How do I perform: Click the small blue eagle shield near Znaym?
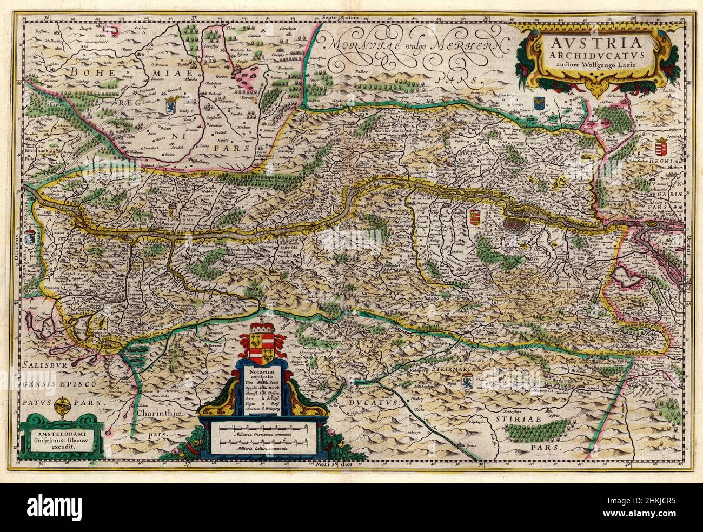pyautogui.click(x=539, y=103)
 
